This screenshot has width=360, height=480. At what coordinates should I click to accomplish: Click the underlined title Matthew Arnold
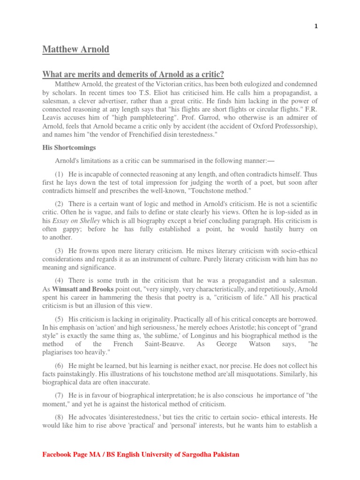76,49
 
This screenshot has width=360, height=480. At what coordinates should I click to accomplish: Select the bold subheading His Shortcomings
69,147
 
